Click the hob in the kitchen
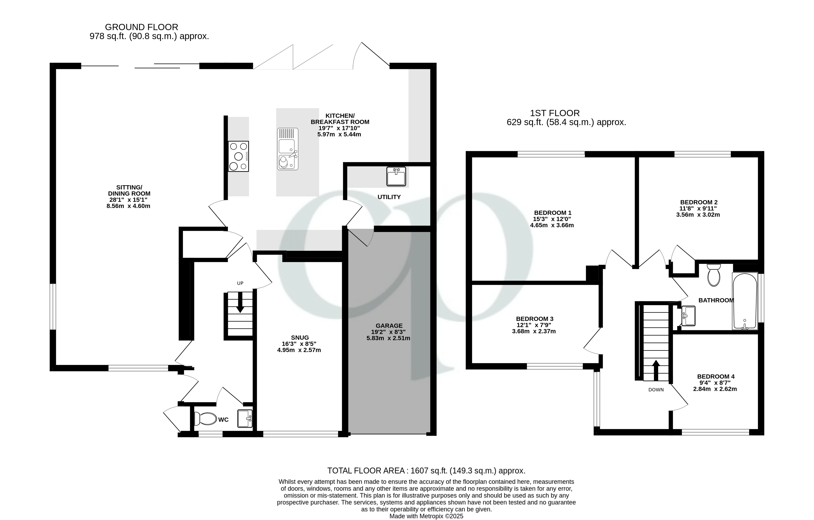click(238, 156)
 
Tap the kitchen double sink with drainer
click(288, 149)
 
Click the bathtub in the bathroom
click(745, 301)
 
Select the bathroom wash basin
click(688, 316)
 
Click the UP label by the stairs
click(240, 283)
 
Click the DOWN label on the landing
click(656, 390)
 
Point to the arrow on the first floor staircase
click(656, 370)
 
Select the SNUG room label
click(300, 337)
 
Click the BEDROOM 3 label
click(535, 319)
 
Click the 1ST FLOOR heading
click(554, 113)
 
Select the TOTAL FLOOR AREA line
click(426, 471)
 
